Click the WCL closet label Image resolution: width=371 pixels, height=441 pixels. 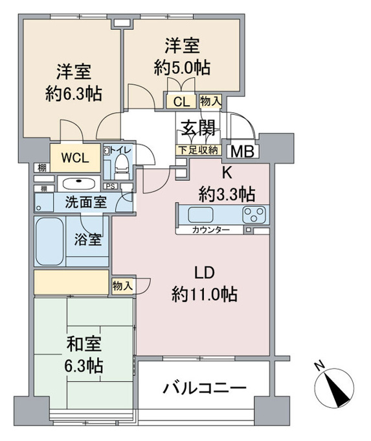(x=75, y=158)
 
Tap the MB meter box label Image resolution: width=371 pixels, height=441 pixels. (x=242, y=152)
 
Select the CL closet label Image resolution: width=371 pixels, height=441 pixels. (x=181, y=102)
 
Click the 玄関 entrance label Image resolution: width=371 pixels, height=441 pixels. (x=199, y=128)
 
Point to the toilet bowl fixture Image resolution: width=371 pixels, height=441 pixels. (x=122, y=165)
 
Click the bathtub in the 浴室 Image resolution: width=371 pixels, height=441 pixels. (x=49, y=241)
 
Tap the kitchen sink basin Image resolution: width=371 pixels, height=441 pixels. (x=200, y=215)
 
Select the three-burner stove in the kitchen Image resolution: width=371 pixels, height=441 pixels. (x=254, y=215)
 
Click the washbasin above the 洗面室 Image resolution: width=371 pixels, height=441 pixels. (x=78, y=184)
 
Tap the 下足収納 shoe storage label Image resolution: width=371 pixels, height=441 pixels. (x=199, y=150)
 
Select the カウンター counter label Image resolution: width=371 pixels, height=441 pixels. (x=211, y=230)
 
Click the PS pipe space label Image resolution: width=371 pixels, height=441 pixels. (x=110, y=186)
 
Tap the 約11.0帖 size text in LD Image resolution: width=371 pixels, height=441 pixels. (x=205, y=294)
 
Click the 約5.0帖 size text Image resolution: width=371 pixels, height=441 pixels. (x=182, y=67)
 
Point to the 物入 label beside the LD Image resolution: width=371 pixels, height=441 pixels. (x=122, y=286)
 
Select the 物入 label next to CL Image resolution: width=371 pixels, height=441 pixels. (x=210, y=101)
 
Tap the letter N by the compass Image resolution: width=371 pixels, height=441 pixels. (x=319, y=366)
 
